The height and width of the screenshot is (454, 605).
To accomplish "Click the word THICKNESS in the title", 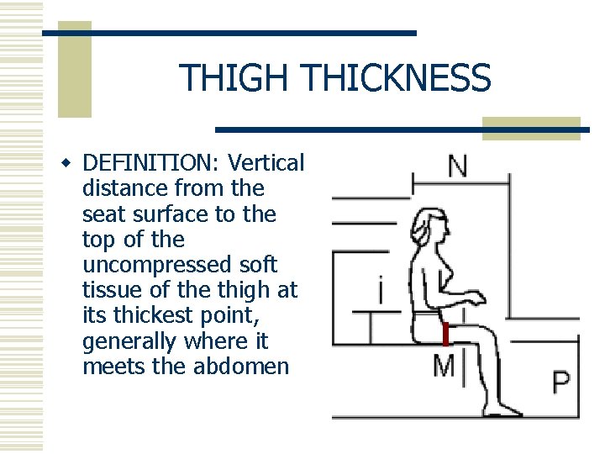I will click(x=394, y=78).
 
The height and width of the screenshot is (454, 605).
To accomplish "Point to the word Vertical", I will click(x=266, y=162).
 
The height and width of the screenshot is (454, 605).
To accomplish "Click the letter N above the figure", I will click(x=458, y=166).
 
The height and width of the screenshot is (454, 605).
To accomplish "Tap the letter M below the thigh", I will click(x=443, y=367).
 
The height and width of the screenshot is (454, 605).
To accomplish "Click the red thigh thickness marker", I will click(x=446, y=334).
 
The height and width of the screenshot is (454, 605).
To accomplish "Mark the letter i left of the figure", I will click(x=383, y=292).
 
